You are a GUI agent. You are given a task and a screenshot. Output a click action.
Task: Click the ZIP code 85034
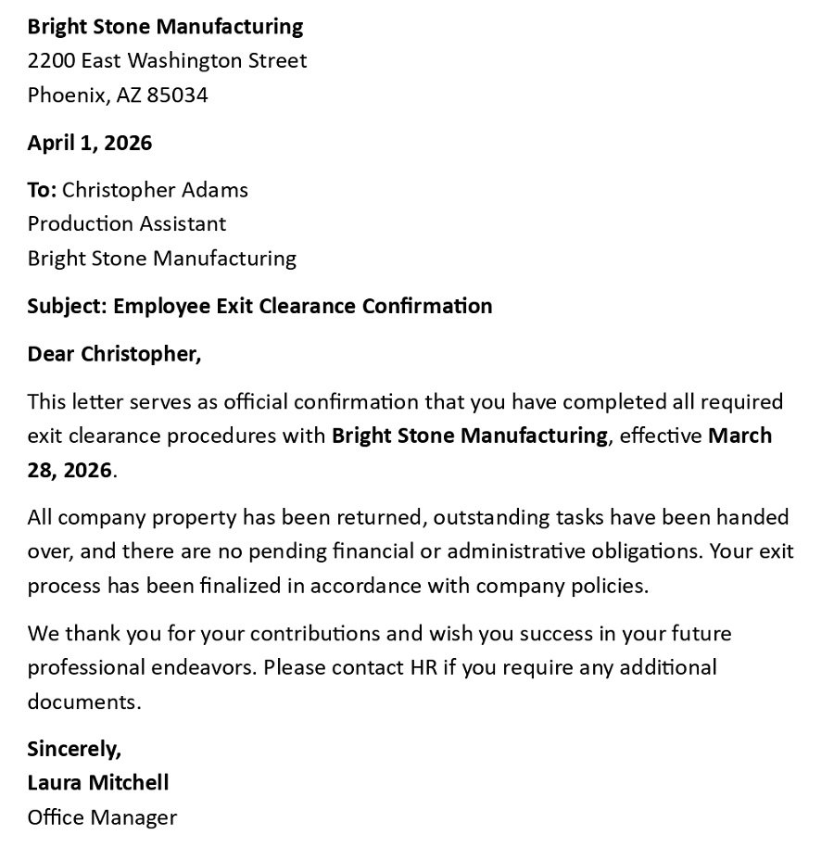(177, 95)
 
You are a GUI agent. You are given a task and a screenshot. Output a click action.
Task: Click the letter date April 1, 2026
(89, 143)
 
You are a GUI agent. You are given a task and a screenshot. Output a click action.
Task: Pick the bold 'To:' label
(42, 190)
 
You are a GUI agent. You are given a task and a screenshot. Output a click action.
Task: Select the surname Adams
(218, 190)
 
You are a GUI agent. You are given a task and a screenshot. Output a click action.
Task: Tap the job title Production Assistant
(126, 223)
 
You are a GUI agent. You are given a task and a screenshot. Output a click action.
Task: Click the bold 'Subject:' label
(67, 306)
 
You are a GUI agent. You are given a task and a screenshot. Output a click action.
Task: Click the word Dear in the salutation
(51, 354)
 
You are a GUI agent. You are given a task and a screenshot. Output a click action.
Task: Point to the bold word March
(739, 436)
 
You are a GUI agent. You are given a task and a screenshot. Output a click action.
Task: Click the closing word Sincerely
(73, 748)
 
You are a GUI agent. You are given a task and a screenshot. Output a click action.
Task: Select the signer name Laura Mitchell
(97, 782)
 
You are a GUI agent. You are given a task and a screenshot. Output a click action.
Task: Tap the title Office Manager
(102, 816)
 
